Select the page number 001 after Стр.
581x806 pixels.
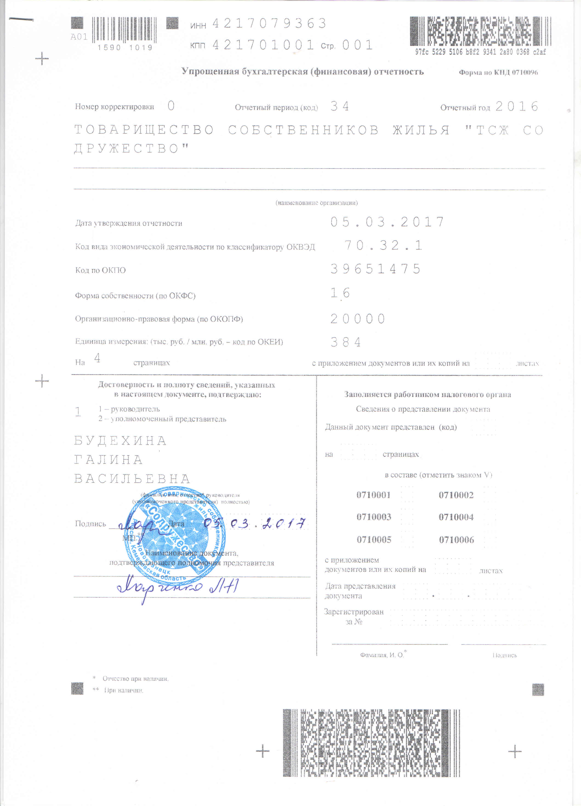point(357,45)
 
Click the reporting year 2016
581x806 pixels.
point(517,106)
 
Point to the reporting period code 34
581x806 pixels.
point(340,106)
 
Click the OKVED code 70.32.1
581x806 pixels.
point(384,245)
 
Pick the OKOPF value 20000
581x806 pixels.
point(358,319)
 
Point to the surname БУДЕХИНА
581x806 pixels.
point(120,441)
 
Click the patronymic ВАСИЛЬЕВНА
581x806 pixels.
point(132,479)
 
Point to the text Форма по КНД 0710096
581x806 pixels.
point(498,72)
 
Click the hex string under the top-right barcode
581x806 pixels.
point(481,52)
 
